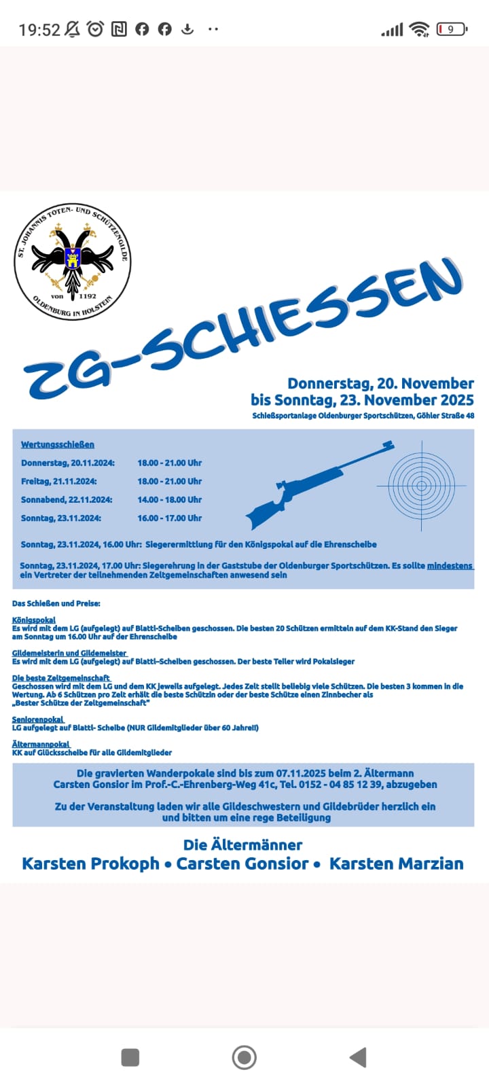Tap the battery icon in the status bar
(451, 29)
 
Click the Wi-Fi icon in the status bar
(420, 29)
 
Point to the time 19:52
(39, 30)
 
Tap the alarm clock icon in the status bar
(96, 29)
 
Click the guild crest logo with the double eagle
(73, 262)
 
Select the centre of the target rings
(422, 486)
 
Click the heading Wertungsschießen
(58, 445)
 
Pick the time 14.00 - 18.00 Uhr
(170, 499)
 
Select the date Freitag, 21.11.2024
(59, 481)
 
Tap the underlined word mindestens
(450, 566)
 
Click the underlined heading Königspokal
(34, 620)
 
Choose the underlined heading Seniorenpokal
(38, 719)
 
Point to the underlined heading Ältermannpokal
(41, 744)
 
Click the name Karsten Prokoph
(90, 863)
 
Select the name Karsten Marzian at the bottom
(397, 863)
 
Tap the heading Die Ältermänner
(242, 844)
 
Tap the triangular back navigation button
(358, 1057)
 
